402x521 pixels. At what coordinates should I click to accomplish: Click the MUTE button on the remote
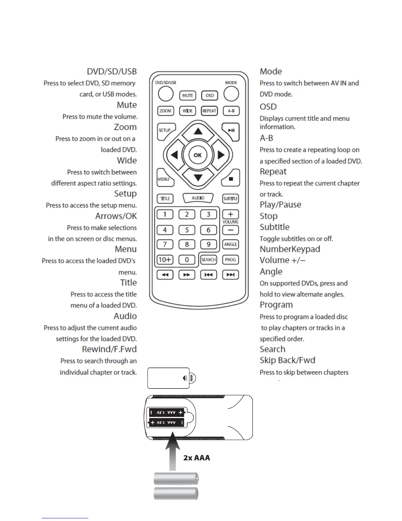188,95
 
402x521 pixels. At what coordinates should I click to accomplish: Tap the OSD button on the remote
210,95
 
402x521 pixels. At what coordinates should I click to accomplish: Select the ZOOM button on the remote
165,111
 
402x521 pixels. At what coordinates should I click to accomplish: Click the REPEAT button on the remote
209,111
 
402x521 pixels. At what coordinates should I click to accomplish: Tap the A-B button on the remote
231,111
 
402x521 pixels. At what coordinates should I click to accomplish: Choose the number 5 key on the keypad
187,230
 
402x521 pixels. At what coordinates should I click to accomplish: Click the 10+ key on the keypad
165,260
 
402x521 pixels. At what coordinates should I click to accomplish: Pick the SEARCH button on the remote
209,260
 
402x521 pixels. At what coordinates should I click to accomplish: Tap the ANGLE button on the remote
231,244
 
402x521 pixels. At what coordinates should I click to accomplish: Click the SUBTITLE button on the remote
231,199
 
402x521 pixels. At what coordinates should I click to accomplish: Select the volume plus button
231,214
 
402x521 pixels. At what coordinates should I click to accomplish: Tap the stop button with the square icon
231,179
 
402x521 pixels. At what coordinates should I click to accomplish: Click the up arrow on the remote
198,132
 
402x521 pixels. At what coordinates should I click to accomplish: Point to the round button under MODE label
231,94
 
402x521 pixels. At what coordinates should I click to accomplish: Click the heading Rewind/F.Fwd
109,349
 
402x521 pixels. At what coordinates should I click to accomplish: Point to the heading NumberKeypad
290,249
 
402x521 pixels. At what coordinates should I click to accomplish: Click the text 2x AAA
196,458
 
